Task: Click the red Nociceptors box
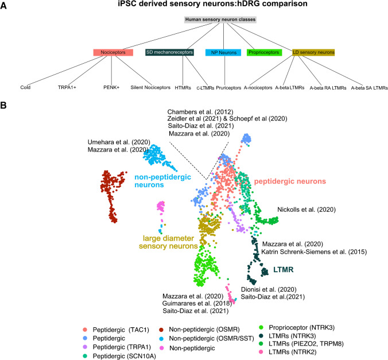(114, 52)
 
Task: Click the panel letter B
(5, 106)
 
